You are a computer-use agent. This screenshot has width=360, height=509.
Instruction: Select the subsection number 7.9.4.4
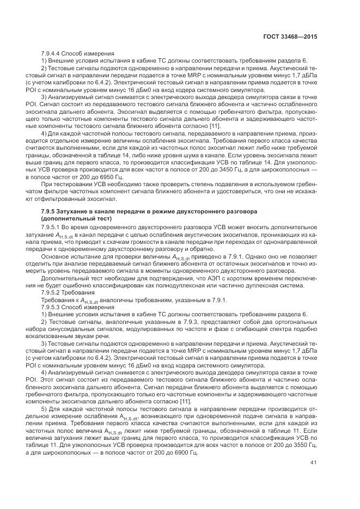click(53, 53)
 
